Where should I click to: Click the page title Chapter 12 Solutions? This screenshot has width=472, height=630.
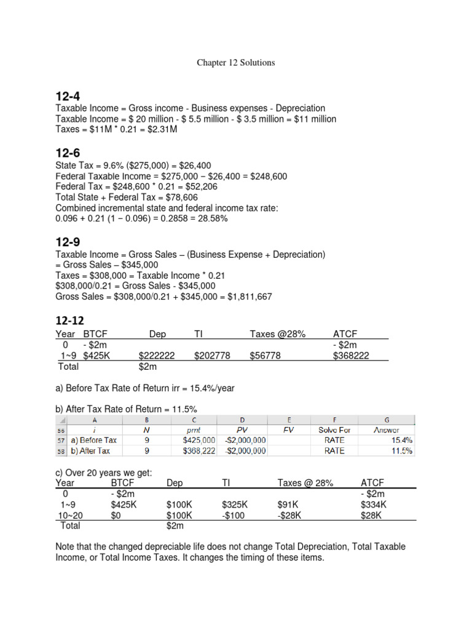[235, 63]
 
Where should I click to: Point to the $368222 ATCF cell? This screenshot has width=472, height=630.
[351, 356]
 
